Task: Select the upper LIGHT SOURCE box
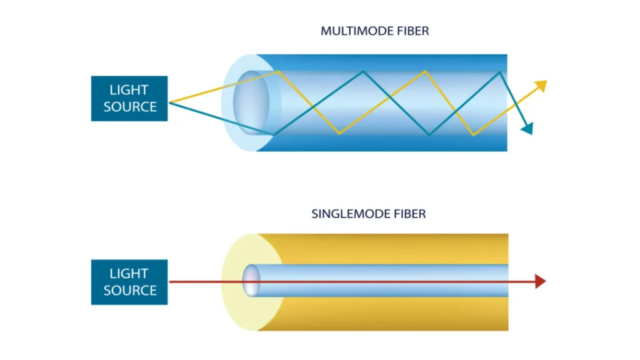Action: [129, 98]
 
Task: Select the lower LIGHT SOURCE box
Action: [129, 282]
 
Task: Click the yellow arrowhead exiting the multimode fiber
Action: [541, 85]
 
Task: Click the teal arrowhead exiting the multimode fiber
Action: [527, 129]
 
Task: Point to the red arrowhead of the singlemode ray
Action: [541, 282]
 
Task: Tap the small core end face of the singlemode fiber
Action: [251, 281]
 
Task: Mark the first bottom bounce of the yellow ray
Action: [339, 133]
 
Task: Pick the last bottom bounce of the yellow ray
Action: [473, 134]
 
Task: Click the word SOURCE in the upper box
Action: [130, 107]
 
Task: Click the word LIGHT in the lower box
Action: [130, 273]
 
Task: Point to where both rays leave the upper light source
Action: [169, 102]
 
